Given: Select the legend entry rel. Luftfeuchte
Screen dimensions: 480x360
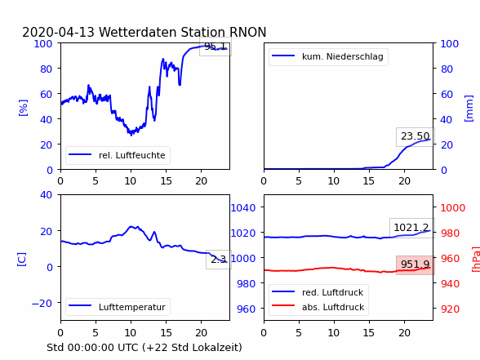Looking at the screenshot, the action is point(118,155).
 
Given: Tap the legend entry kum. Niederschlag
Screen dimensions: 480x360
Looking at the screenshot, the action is point(328,56).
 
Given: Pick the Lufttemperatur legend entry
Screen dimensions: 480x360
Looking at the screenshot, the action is point(118,307).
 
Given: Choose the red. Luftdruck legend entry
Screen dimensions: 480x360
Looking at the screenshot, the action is point(318,292).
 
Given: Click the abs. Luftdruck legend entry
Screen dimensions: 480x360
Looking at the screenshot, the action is point(318,307).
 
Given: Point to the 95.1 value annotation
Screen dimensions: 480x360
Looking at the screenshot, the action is point(216,47).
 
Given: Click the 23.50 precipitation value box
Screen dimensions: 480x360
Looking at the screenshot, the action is point(416,136).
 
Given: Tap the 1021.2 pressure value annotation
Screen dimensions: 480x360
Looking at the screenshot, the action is point(411,228).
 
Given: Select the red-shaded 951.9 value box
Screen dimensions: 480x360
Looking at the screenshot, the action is point(415,264).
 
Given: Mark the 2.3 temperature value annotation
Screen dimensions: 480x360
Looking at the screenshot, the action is point(219,260).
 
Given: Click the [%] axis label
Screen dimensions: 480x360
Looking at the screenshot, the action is point(23,108).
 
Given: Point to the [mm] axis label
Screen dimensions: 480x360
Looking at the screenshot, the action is point(469,109).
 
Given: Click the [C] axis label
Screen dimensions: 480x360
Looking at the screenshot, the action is point(21,260).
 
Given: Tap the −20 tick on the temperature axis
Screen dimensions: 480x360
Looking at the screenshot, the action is point(42,304).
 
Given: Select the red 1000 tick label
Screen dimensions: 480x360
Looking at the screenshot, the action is point(453,208).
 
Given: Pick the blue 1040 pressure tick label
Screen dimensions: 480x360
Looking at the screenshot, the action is point(243,208).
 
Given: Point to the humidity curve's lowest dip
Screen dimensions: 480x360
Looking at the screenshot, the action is point(131,135).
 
